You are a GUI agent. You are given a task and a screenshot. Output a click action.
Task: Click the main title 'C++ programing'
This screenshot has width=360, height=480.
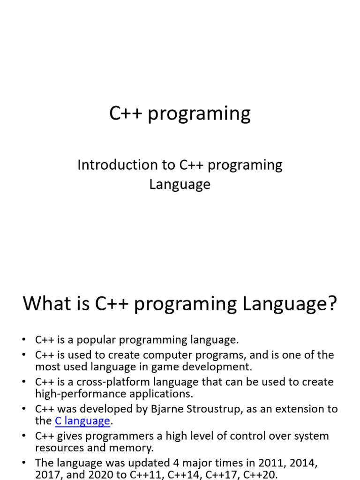tap(180, 113)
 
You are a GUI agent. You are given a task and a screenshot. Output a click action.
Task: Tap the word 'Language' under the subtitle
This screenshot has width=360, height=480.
tap(180, 184)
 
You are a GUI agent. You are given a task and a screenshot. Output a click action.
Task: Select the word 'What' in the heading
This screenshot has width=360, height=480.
tap(46, 304)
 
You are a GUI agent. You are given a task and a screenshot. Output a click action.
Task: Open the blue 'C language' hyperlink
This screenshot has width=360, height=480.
tap(82, 421)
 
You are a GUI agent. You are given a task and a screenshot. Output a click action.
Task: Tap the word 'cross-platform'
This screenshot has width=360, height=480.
tap(116, 382)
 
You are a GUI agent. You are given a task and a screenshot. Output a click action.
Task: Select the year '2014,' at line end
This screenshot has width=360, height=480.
tap(303, 463)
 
